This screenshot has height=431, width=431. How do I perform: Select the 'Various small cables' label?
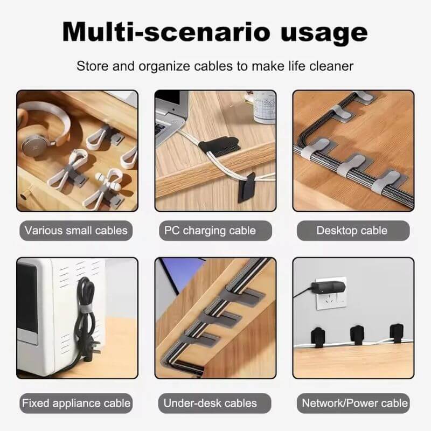77,231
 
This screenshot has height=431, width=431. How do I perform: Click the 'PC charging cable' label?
215,231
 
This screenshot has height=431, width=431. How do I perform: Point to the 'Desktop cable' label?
352,231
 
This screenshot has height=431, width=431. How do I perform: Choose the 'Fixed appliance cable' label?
77,402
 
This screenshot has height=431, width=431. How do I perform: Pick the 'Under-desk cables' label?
215,402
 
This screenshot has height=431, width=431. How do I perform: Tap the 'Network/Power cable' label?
354,402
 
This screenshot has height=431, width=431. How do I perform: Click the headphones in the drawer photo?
38,132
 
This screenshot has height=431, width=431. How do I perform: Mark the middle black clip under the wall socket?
357,334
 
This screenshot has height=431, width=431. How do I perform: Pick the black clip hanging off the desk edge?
247,186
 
